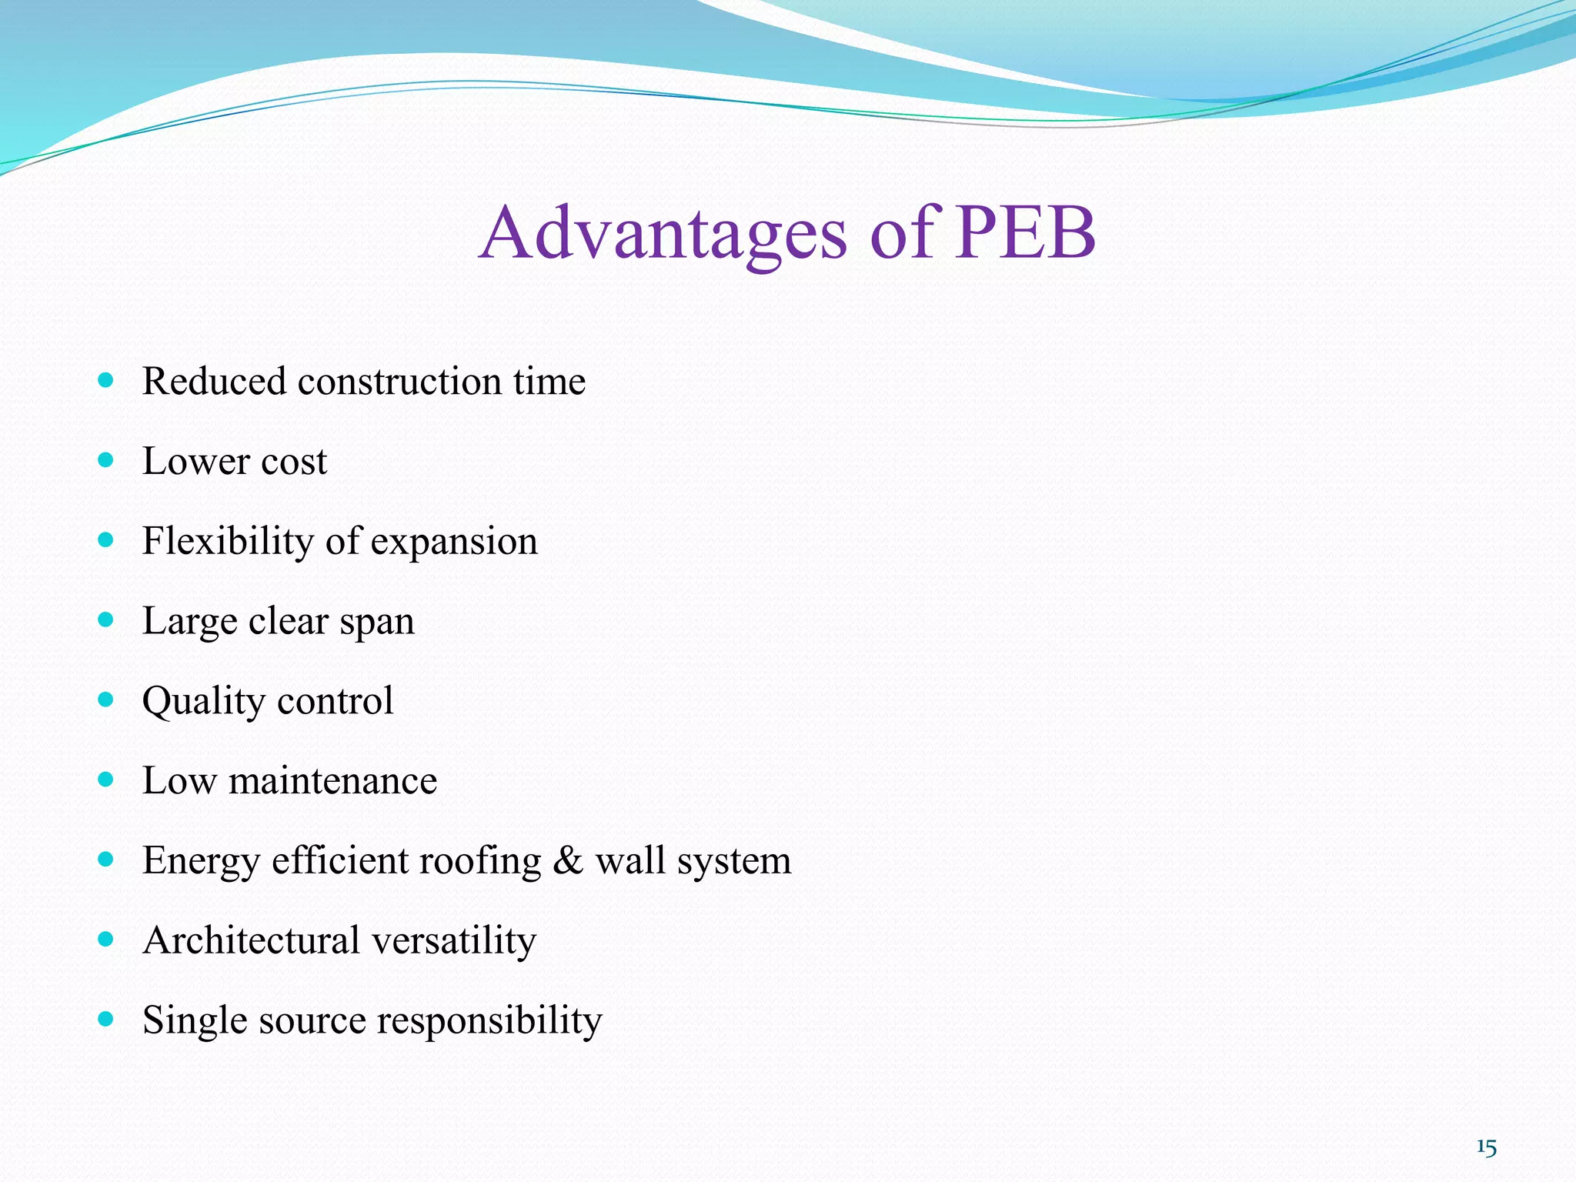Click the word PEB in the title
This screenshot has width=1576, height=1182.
pyautogui.click(x=1025, y=232)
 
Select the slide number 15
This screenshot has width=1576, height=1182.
pyautogui.click(x=1486, y=1147)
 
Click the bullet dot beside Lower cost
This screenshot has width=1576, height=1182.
pyautogui.click(x=106, y=460)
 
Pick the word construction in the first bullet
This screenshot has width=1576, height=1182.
pyautogui.click(x=399, y=381)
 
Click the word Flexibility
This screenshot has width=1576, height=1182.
pyautogui.click(x=228, y=541)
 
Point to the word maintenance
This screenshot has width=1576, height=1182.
pyautogui.click(x=332, y=780)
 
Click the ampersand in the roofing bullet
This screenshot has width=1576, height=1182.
pyautogui.click(x=568, y=860)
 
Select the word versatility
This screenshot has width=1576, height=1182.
pyautogui.click(x=453, y=941)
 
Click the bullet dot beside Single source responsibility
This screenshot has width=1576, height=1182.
pyautogui.click(x=106, y=1020)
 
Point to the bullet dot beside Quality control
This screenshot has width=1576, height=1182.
pyautogui.click(x=106, y=700)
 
